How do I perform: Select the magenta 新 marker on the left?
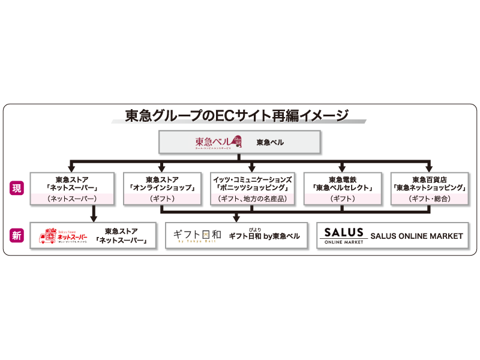point(17,236)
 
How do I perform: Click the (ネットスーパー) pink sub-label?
point(71,199)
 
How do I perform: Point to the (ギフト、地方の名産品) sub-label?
point(253,199)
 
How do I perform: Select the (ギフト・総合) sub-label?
point(430,199)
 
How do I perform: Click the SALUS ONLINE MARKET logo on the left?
point(343,236)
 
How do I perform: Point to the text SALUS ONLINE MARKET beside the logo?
point(416,236)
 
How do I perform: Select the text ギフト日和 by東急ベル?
point(264,236)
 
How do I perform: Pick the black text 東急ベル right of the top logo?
point(270,143)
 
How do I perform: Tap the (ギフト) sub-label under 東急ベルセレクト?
point(343,199)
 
